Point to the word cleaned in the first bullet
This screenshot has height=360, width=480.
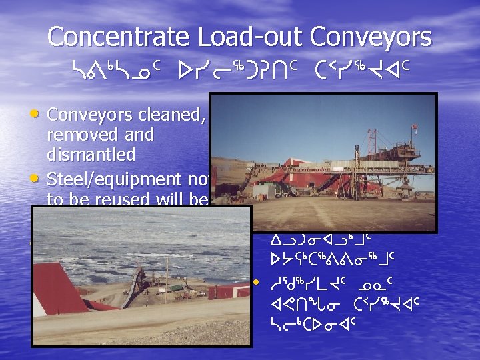(176, 115)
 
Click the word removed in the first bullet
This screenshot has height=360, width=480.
(76, 135)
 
